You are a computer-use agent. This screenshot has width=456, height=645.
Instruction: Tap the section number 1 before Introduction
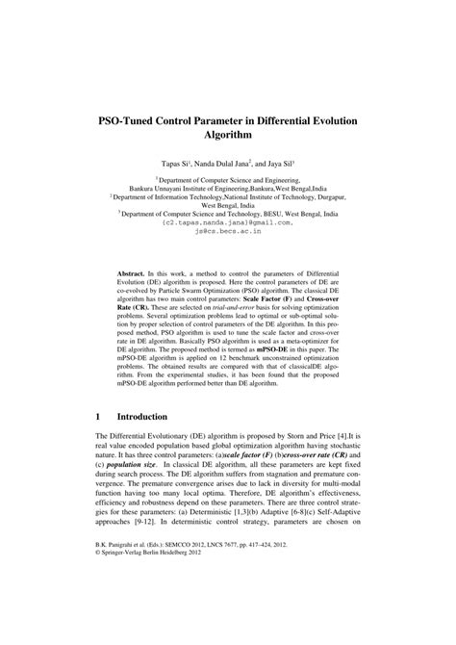click(99, 419)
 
